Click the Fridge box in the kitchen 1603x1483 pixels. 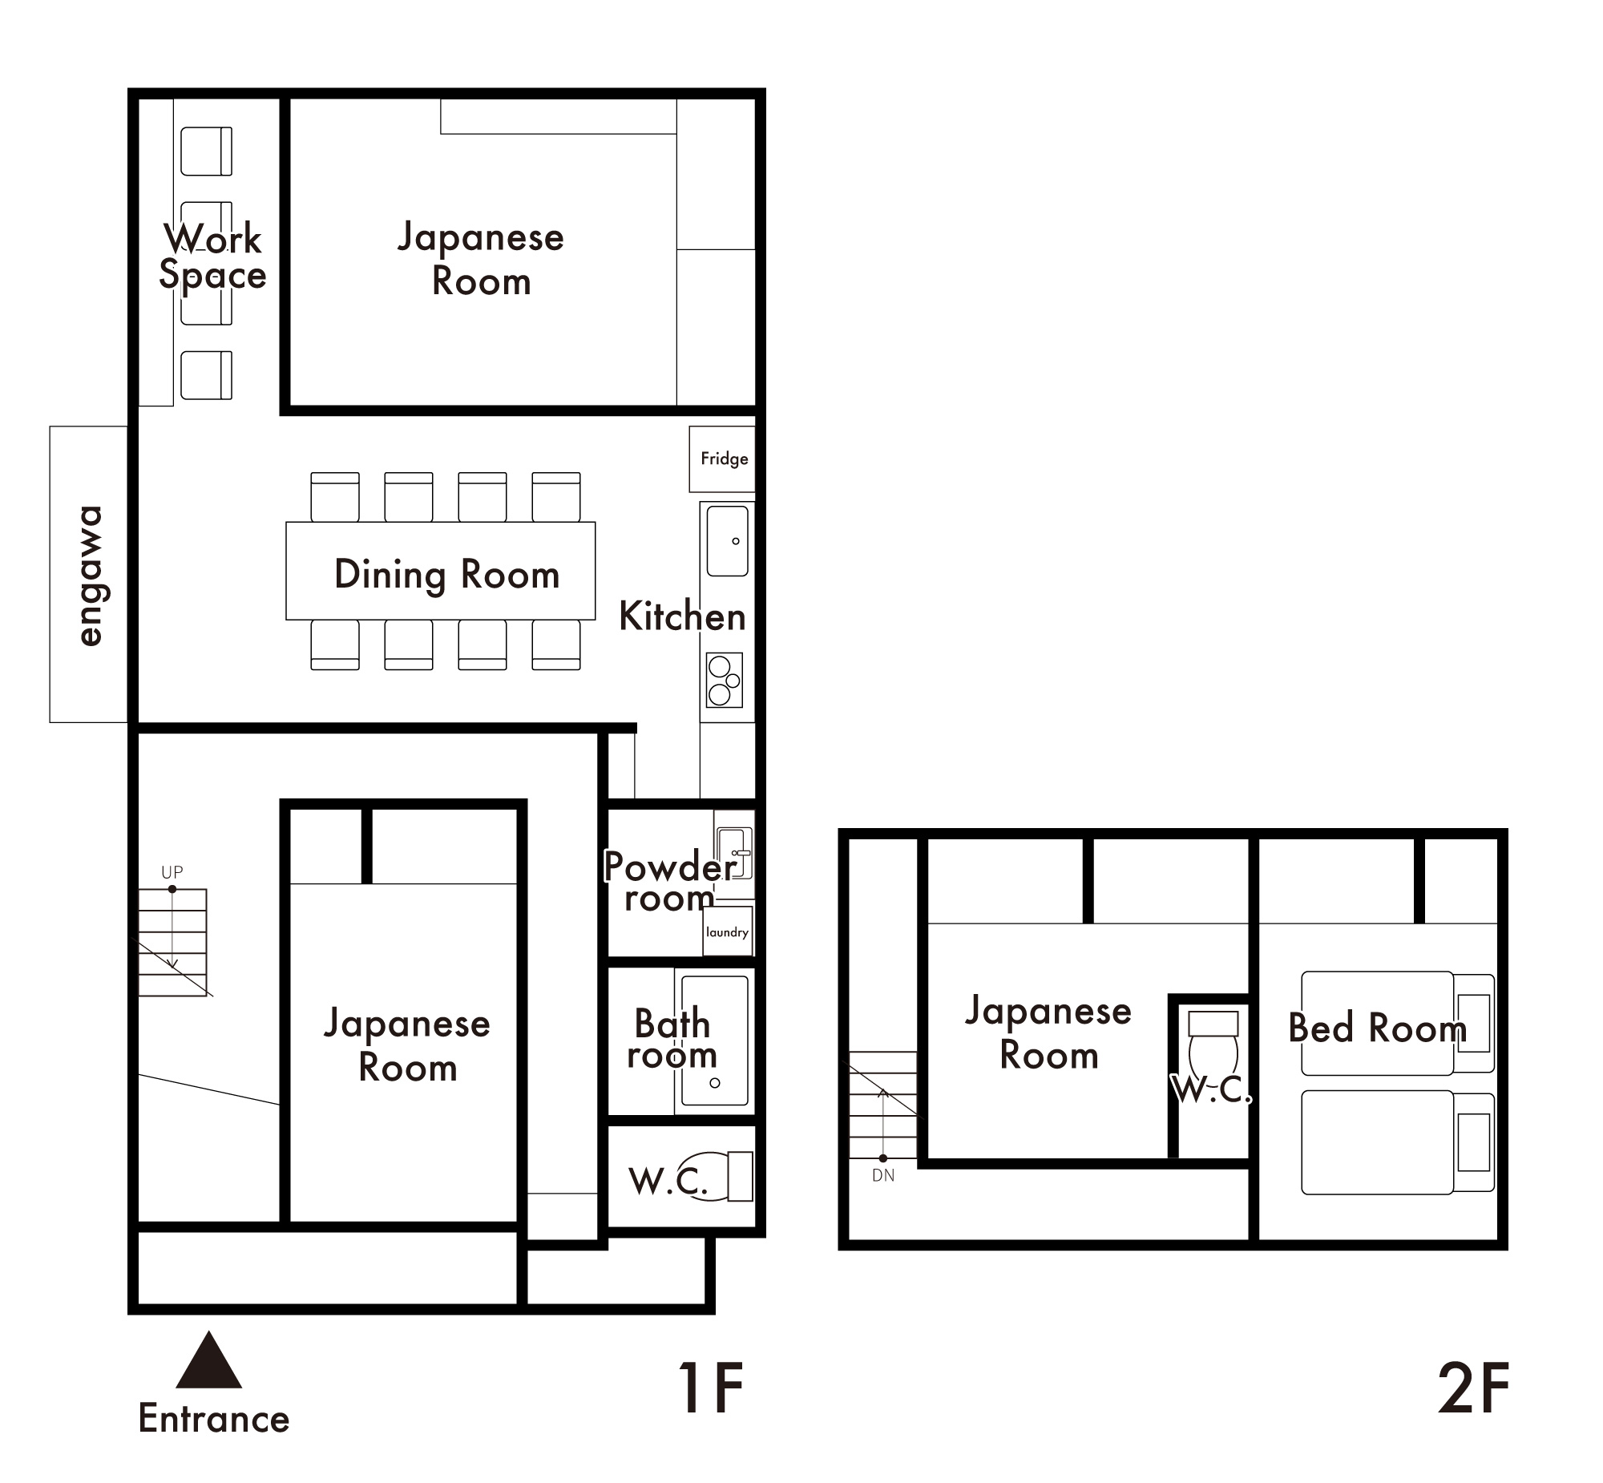722,459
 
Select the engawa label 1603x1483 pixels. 90,575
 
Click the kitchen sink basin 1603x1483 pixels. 727,540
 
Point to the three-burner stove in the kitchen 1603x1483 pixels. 724,681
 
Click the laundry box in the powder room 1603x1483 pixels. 727,931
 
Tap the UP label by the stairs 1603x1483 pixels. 172,871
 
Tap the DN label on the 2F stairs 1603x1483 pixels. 882,1176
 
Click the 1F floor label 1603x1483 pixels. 711,1388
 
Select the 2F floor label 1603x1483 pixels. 1473,1388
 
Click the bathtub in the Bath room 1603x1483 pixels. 714,1041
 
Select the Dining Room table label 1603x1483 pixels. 446,575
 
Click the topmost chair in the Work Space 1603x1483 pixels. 206,151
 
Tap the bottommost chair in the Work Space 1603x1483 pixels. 206,375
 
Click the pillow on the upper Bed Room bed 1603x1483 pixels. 1473,1022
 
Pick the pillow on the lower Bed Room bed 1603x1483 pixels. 1473,1142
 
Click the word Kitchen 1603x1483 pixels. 682,616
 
